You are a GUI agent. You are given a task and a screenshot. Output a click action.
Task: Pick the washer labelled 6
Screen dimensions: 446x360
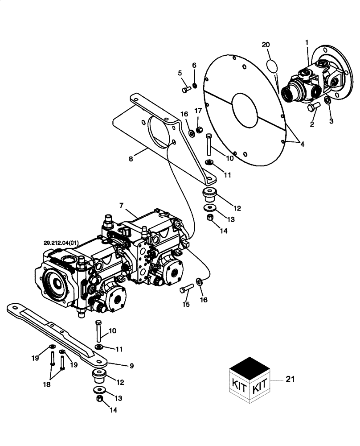coord(195,86)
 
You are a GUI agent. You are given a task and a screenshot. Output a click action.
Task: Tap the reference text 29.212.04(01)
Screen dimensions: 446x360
coord(61,243)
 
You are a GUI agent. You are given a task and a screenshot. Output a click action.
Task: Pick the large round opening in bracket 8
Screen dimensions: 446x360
coord(157,129)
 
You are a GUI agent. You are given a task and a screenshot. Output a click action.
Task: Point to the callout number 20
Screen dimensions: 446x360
coord(266,45)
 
